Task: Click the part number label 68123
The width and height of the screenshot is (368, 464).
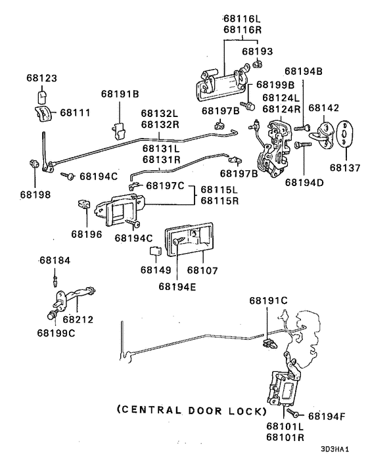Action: pyautogui.click(x=43, y=78)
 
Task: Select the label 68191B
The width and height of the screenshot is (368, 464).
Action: pyautogui.click(x=120, y=95)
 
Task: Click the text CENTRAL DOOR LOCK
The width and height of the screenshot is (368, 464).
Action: pyautogui.click(x=191, y=411)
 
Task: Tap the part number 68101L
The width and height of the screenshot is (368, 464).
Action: pyautogui.click(x=285, y=426)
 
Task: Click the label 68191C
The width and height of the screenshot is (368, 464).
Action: pyautogui.click(x=268, y=300)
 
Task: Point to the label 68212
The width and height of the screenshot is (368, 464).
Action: pyautogui.click(x=78, y=319)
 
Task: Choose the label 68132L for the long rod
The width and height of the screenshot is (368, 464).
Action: pyautogui.click(x=158, y=114)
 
